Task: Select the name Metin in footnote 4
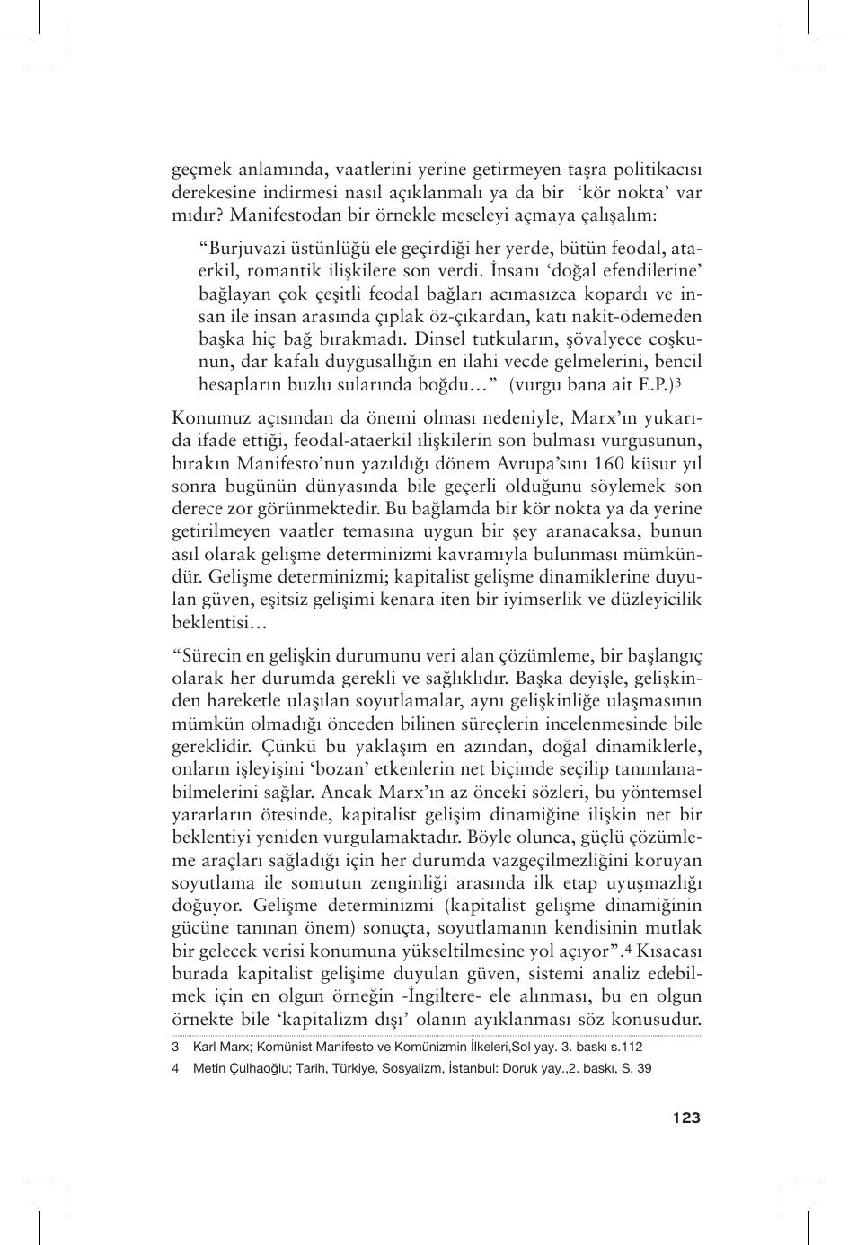(x=208, y=1068)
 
